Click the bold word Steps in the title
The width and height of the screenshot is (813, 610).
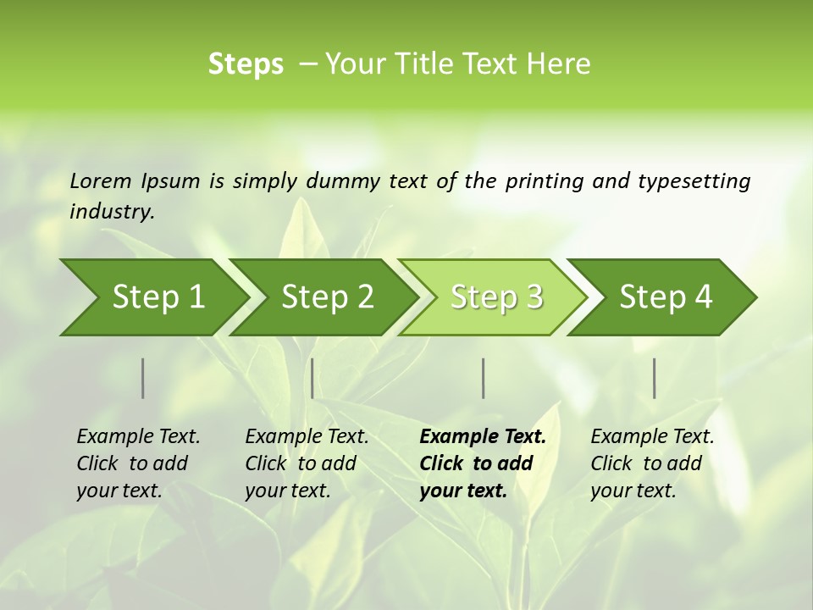tap(246, 64)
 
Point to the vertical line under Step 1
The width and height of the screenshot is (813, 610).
tap(143, 378)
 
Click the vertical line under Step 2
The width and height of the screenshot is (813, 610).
tap(312, 378)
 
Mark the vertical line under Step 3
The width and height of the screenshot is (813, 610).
tap(484, 378)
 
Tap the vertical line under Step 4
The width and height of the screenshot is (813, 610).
tap(655, 378)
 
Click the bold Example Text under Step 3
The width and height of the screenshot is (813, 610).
tap(483, 437)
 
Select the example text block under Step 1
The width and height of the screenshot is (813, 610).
tap(138, 463)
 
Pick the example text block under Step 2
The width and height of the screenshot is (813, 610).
tap(307, 463)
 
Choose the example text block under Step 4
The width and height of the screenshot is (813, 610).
tap(652, 463)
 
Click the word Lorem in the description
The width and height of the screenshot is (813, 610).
tap(101, 180)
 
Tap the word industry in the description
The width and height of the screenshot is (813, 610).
tap(112, 212)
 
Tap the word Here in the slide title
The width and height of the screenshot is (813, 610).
tap(558, 64)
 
